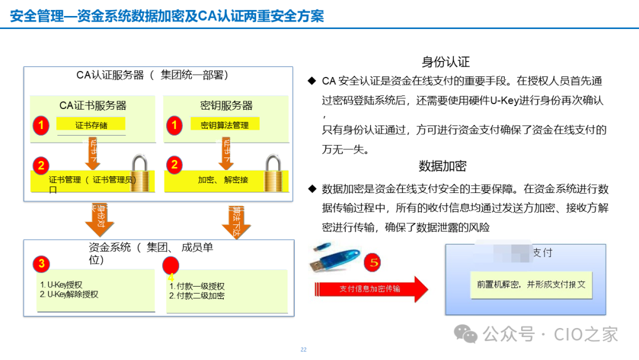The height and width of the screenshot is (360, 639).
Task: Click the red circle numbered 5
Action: pos(372,261)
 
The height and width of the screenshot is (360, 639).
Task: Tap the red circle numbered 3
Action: pos(41,263)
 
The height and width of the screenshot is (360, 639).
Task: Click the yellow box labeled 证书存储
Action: pos(91,125)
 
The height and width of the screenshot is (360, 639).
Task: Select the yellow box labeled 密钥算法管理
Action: pos(224,125)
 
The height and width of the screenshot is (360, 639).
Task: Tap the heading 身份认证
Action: pos(446,62)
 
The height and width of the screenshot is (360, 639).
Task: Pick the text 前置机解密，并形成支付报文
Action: pos(531,284)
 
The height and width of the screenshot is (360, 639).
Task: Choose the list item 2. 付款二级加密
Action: pos(196,295)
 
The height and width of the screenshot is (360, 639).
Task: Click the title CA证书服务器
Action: pos(93,105)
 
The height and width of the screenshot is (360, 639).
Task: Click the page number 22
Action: pos(304,350)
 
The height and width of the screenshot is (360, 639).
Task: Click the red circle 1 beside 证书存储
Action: pos(41,126)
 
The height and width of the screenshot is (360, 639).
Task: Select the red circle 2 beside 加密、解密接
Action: pos(174,165)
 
